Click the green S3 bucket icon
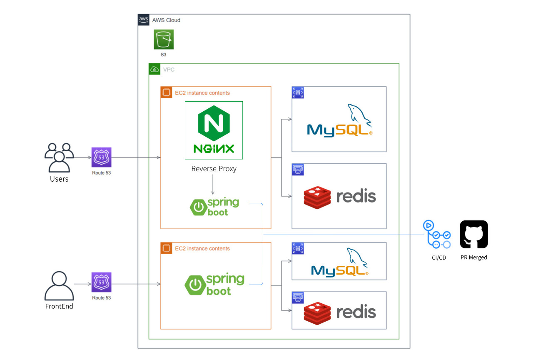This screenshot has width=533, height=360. point(164,40)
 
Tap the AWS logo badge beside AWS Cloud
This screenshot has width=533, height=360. point(144,20)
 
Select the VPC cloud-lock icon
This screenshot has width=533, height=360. point(154,69)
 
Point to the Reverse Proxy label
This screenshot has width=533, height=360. point(214,169)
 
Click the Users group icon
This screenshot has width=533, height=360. point(59,157)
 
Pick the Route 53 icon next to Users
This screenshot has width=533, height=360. point(102,157)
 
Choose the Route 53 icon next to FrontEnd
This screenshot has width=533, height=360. point(102,283)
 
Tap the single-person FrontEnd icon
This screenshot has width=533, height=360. point(59,286)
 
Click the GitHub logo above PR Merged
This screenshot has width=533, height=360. point(474,235)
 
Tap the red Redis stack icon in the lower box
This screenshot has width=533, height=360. point(317,312)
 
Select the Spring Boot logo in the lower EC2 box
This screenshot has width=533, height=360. point(214,285)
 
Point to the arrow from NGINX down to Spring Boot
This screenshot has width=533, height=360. point(213,185)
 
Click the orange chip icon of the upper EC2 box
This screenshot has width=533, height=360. point(166,92)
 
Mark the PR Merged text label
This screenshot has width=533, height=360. point(474,257)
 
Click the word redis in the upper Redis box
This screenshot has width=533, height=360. point(356,196)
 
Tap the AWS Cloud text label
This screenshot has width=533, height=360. point(167,20)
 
